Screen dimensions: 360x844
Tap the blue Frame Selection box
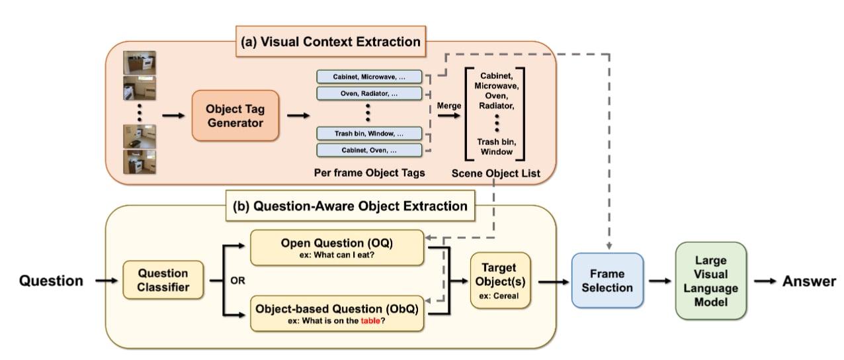pyautogui.click(x=607, y=281)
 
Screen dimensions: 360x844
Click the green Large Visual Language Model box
pyautogui.click(x=710, y=281)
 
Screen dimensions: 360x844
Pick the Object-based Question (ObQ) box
pyautogui.click(x=337, y=313)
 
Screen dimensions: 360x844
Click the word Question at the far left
pyautogui.click(x=51, y=281)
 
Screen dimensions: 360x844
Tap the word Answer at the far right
pyautogui.click(x=809, y=281)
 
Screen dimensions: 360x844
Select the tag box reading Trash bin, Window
pyautogui.click(x=369, y=133)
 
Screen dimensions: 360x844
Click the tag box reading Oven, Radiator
pyautogui.click(x=369, y=93)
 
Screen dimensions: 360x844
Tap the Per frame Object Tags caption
pyautogui.click(x=369, y=173)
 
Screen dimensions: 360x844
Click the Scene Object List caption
pyautogui.click(x=495, y=173)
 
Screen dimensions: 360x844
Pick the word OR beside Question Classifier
pyautogui.click(x=237, y=281)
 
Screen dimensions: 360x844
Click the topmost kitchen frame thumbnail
pyautogui.click(x=139, y=64)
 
